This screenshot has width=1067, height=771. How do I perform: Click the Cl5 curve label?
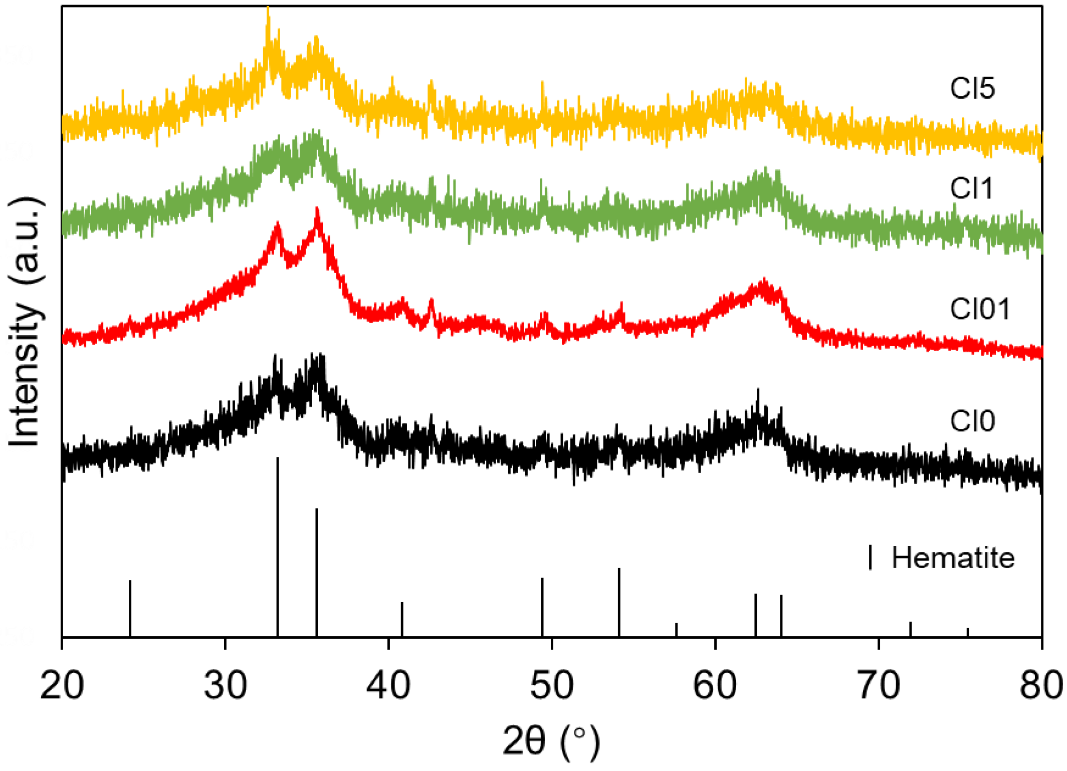pos(972,89)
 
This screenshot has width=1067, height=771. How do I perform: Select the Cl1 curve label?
pos(971,189)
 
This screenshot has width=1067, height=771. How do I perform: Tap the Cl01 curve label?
pos(979,309)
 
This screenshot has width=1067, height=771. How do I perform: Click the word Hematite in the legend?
pos(953,558)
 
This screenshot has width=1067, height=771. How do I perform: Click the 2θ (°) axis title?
pos(551,741)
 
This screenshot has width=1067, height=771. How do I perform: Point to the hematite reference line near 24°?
pos(130,608)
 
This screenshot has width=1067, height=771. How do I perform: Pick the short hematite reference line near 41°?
pos(402,619)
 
